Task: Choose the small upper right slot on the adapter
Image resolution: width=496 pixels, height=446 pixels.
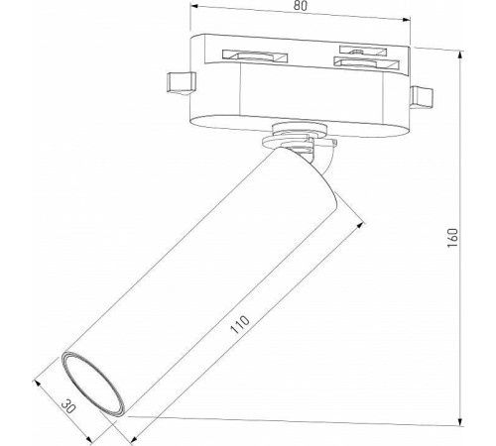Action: point(359,47)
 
